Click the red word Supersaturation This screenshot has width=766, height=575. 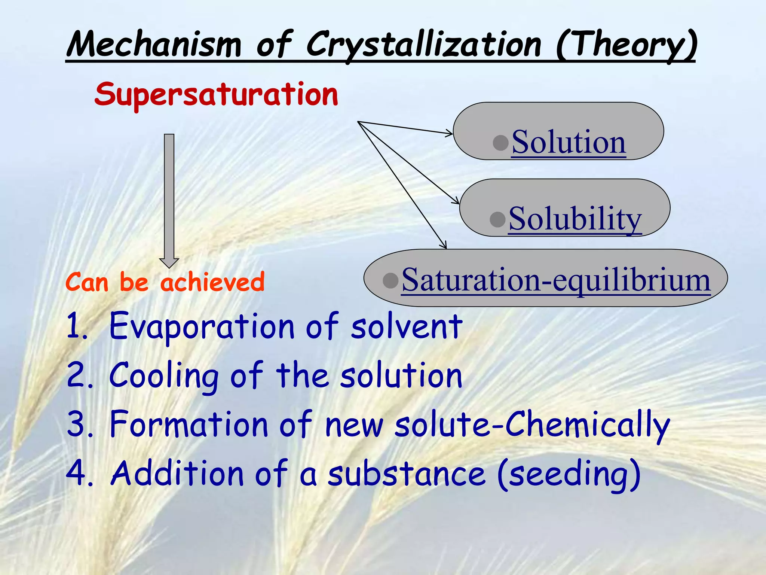[x=216, y=95]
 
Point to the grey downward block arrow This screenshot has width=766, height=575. [x=169, y=198]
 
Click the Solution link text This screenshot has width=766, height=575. [x=569, y=142]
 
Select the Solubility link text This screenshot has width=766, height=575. [x=575, y=219]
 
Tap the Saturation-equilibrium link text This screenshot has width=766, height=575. [x=556, y=280]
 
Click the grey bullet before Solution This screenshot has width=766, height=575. [x=501, y=143]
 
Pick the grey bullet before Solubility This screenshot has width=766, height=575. [x=497, y=219]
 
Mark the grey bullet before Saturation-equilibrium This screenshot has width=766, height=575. [x=390, y=280]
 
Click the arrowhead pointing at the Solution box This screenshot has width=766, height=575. [x=449, y=133]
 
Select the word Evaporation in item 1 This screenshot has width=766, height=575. [x=202, y=326]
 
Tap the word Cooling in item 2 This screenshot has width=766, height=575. [x=164, y=376]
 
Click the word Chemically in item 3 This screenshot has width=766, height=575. [x=587, y=426]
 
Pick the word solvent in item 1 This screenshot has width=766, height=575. [x=407, y=326]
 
